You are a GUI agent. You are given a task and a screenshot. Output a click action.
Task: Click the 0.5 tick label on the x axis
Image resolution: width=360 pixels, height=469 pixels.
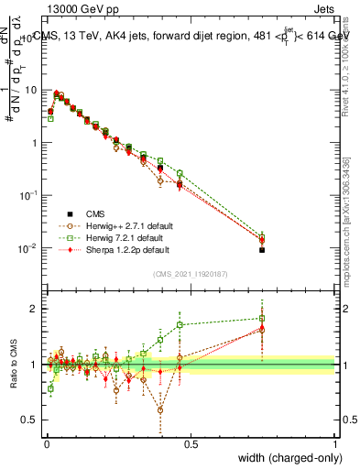pos(190,443)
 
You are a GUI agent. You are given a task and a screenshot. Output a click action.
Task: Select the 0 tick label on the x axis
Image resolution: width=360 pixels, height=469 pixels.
pos(46,443)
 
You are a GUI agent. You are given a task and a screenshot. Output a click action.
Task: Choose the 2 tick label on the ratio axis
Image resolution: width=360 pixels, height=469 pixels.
pos(35,309)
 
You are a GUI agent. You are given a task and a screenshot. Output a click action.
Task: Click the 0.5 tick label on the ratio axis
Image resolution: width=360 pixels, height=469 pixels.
pos(31,420)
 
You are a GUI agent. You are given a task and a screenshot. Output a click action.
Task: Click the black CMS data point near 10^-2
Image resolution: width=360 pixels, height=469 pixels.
pos(262,250)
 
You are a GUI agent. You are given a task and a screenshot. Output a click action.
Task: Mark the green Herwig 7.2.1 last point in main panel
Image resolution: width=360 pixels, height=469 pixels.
pos(262,235)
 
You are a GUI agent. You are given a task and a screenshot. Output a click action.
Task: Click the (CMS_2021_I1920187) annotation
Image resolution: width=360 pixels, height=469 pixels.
pos(191,274)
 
